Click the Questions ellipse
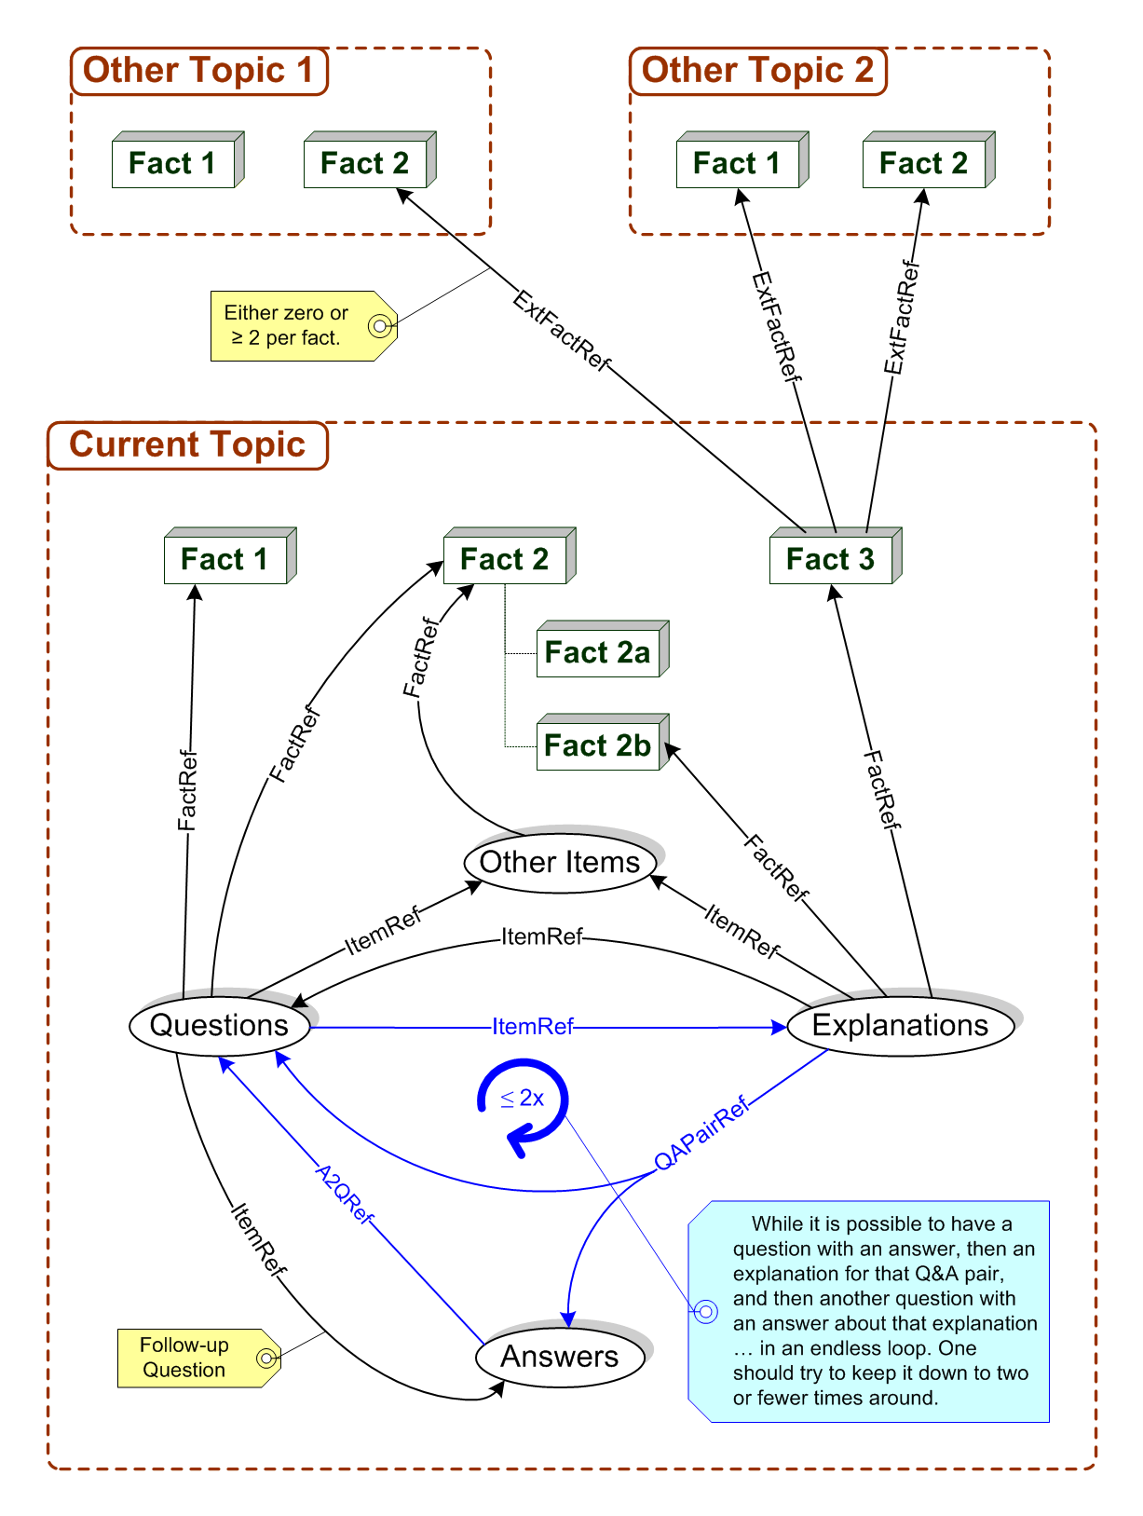(x=219, y=1026)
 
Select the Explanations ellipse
(x=900, y=1026)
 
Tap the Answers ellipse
(x=560, y=1357)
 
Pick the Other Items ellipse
(x=560, y=863)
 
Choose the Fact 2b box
(x=598, y=746)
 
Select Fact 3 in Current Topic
(x=831, y=560)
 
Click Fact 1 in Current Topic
(x=225, y=560)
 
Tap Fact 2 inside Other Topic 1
(x=365, y=164)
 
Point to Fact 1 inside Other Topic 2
(x=737, y=164)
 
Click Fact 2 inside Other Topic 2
(x=923, y=164)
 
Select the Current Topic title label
(x=187, y=445)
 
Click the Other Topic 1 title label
(x=198, y=71)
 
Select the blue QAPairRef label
(x=701, y=1134)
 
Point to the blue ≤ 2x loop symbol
(x=523, y=1100)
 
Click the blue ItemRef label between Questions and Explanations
(x=533, y=1027)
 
